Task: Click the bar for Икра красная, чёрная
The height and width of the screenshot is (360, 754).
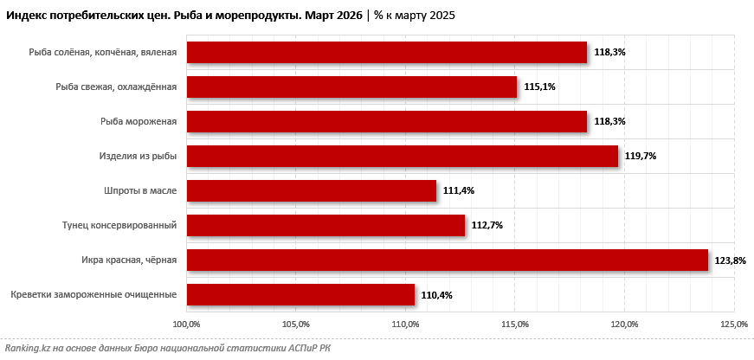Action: tap(448, 260)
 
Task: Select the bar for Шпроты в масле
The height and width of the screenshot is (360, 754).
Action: tap(312, 190)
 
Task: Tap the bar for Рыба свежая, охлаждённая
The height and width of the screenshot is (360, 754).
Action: tap(351, 87)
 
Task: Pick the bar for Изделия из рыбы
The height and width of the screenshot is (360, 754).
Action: tap(403, 156)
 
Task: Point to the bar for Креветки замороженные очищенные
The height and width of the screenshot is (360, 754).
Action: tap(300, 294)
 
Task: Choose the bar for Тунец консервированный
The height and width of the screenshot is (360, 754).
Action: tap(325, 225)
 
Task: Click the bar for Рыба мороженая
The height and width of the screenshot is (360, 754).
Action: tap(387, 121)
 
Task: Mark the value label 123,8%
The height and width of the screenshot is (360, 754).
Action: tap(731, 260)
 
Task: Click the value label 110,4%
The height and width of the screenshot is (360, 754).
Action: tap(436, 295)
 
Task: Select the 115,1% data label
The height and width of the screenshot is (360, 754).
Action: tap(539, 87)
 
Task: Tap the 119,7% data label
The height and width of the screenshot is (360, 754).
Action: tap(641, 157)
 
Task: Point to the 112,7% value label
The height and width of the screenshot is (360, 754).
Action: tap(487, 226)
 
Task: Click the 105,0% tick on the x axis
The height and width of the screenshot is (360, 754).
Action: tap(296, 324)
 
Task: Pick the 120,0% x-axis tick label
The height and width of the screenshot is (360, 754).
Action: tap(625, 324)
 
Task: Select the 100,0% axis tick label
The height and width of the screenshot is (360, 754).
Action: tap(187, 324)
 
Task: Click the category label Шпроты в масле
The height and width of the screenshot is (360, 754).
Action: tap(140, 190)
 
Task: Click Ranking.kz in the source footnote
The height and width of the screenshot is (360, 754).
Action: tap(26, 348)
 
